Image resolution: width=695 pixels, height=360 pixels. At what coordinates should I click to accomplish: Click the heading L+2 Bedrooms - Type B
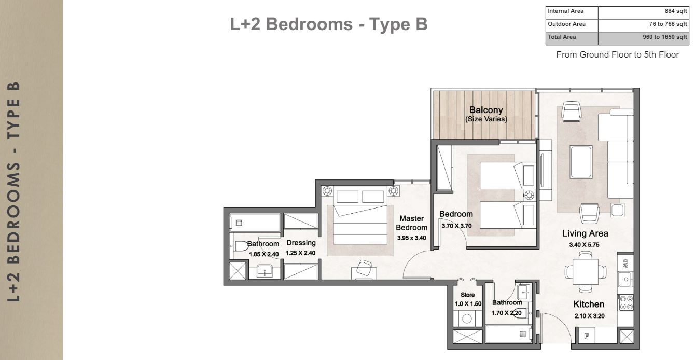(x=329, y=24)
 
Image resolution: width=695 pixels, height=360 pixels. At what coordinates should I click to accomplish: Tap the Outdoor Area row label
(x=566, y=24)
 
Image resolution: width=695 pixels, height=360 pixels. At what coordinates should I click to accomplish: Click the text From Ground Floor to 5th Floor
(x=617, y=54)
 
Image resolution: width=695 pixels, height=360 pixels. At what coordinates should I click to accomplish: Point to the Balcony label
(x=485, y=110)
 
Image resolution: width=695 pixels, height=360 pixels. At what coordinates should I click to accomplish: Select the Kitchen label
(x=589, y=304)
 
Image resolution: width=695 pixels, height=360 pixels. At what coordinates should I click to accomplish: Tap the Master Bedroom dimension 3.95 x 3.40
(x=411, y=238)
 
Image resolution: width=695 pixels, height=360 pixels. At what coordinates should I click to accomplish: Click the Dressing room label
(x=301, y=243)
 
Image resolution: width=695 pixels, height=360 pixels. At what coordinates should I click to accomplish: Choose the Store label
(x=467, y=295)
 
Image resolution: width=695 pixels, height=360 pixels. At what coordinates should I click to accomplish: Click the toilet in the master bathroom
(x=240, y=246)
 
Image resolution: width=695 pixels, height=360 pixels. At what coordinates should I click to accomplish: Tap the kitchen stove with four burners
(x=625, y=302)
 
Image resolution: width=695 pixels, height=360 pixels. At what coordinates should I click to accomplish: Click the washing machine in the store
(x=467, y=319)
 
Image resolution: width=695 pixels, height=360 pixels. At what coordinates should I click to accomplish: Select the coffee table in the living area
(x=580, y=162)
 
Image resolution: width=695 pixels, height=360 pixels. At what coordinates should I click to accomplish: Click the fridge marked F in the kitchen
(x=587, y=335)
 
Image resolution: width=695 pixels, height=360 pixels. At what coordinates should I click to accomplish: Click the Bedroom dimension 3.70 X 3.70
(x=456, y=226)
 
